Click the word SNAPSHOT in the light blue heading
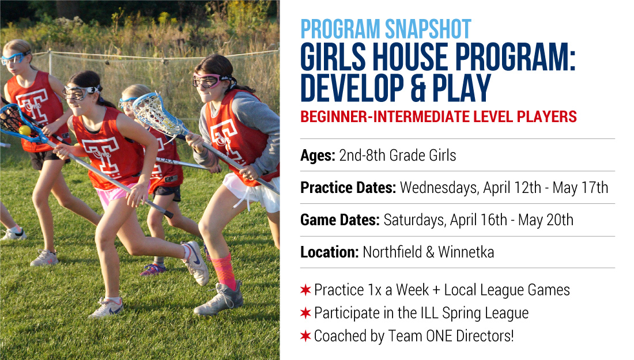tap(428, 29)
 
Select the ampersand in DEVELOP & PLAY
tap(418, 88)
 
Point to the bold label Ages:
tap(318, 156)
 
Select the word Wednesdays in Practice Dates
tap(440, 188)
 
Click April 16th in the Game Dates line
tap(478, 220)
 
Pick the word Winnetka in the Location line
tap(466, 252)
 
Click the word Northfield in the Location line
tap(392, 252)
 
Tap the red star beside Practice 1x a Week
tap(305, 290)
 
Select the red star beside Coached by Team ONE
tap(305, 336)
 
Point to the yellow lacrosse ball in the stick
tap(25, 130)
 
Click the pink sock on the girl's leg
tap(224, 271)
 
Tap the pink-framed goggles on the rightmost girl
tap(209, 81)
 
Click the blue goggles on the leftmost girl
tap(14, 58)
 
